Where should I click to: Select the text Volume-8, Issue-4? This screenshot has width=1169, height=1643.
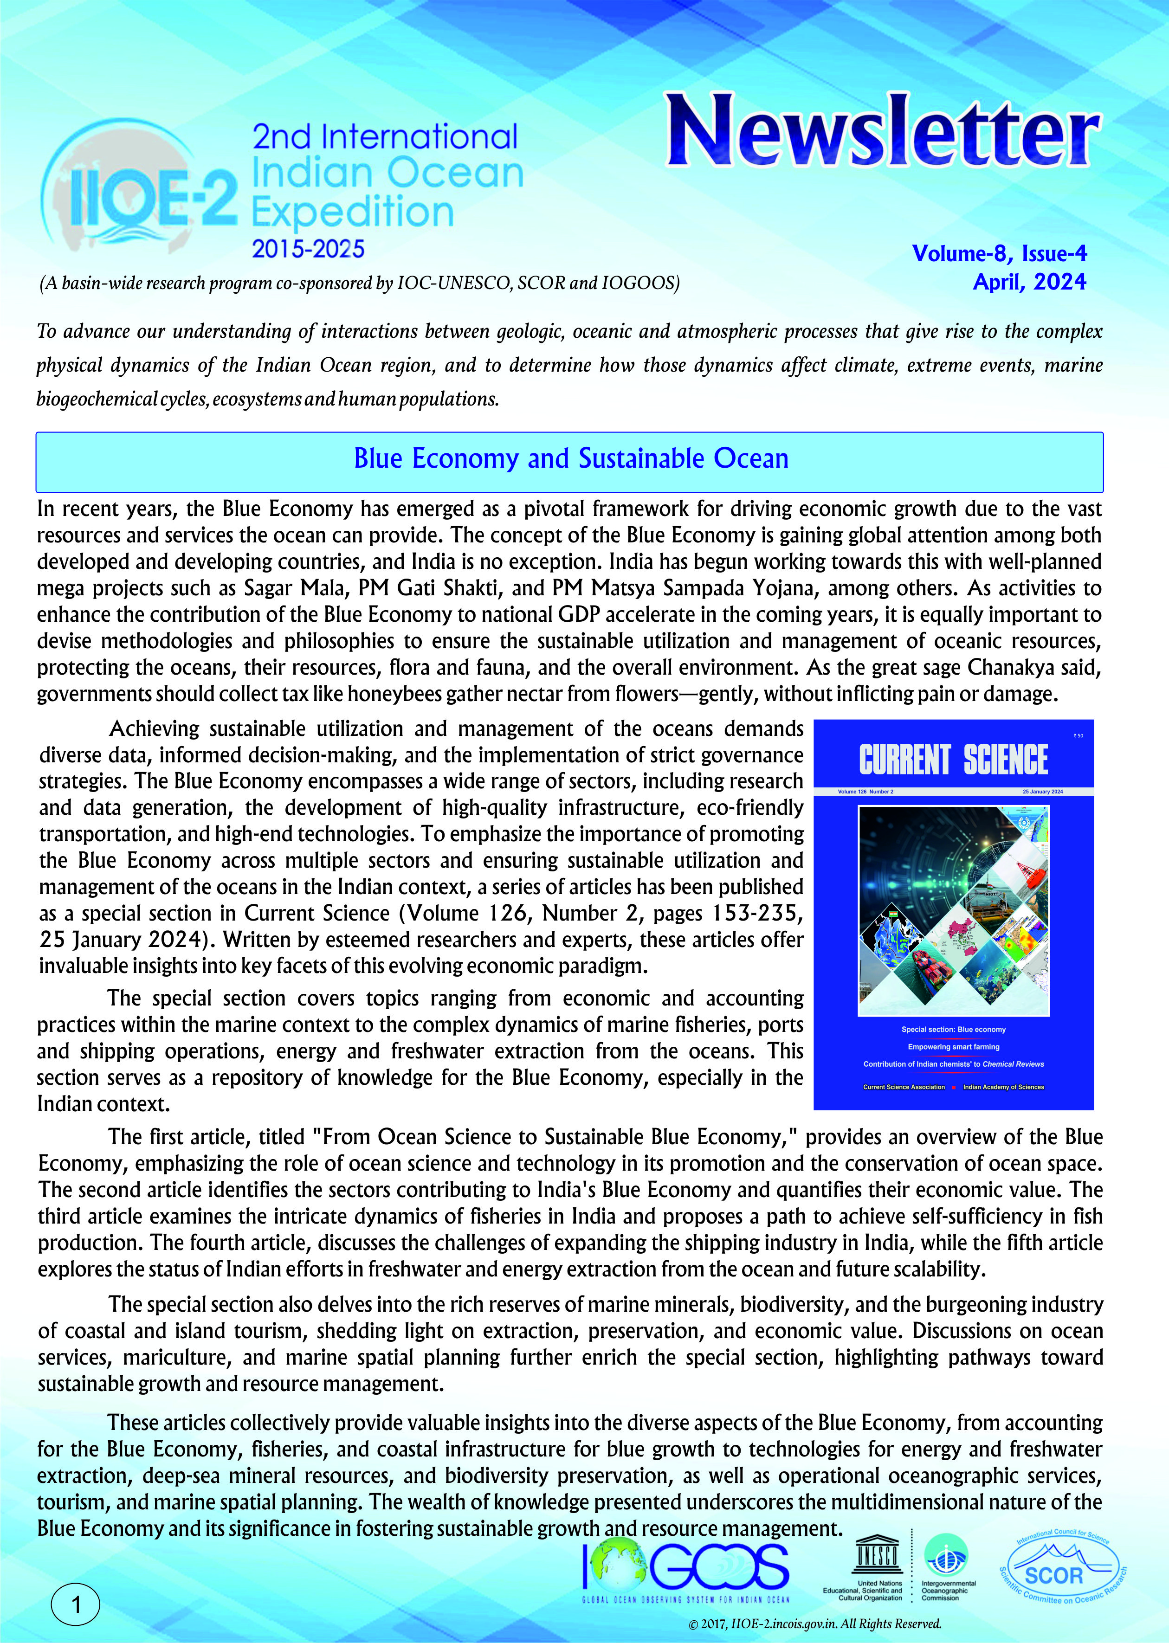(999, 253)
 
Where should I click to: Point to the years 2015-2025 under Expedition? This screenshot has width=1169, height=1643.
(308, 249)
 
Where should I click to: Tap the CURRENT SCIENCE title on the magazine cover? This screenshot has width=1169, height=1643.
(953, 760)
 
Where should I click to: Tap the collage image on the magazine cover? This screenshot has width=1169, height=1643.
(953, 910)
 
